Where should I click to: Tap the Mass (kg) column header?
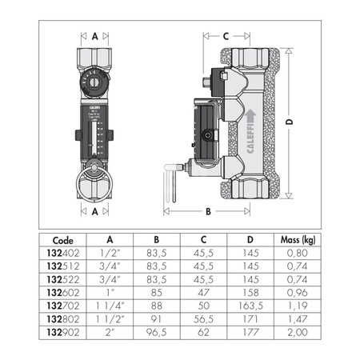point(295,238)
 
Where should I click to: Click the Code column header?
point(62,238)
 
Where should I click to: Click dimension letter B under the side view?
point(208,212)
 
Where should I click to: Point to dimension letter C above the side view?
point(226,36)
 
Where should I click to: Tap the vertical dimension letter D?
point(290,122)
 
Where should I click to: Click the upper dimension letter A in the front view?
point(95,36)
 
